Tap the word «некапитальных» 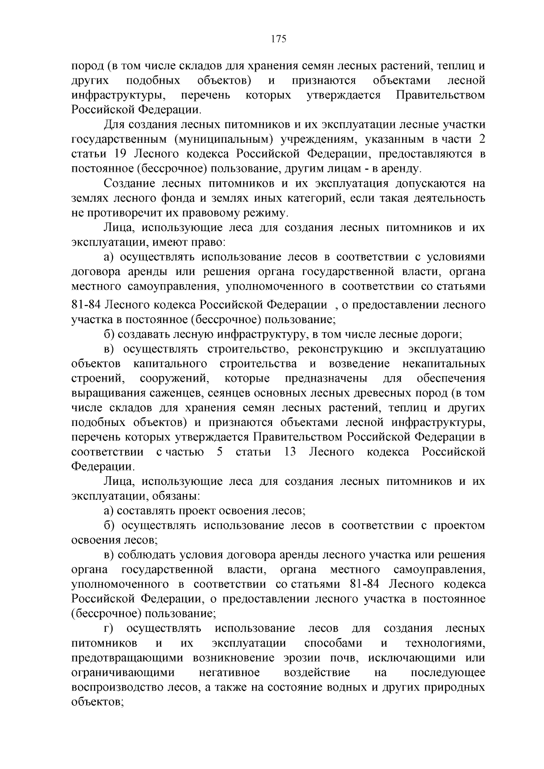coord(444,364)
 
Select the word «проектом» coord(460,526)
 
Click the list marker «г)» coord(108,629)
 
